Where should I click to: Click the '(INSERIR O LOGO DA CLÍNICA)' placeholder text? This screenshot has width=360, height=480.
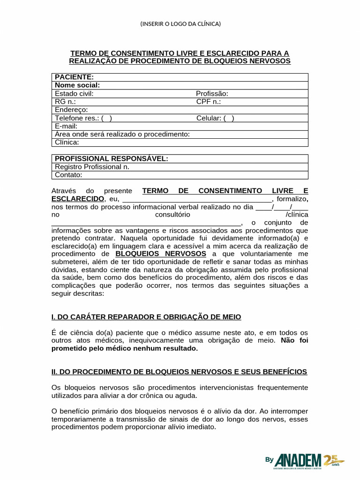180,23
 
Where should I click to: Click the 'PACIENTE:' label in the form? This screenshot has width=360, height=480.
74,77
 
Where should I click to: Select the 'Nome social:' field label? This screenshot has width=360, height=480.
77,85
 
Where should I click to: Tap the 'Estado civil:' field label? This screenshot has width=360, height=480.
74,93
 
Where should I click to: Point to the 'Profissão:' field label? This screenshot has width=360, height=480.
212,93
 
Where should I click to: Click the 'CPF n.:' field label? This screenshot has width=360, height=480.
209,102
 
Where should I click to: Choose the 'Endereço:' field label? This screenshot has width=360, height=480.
71,110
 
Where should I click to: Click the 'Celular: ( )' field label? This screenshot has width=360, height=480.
215,118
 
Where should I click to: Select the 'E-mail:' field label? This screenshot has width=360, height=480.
66,126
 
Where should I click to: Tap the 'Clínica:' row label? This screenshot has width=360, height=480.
67,142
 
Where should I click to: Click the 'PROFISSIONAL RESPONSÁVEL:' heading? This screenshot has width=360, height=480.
112,158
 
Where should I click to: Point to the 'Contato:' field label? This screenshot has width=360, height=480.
68,175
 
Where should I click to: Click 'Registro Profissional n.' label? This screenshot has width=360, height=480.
92,166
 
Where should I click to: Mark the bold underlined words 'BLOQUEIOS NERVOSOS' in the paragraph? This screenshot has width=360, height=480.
161,254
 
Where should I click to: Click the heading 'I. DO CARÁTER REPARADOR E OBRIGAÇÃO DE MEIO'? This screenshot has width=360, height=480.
146,317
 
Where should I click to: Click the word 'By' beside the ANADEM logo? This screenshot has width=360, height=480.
269,460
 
